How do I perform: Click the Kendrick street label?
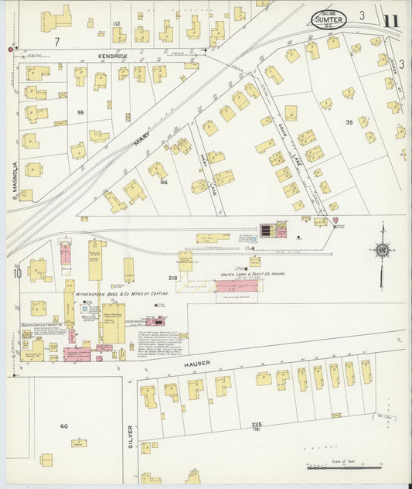pyautogui.click(x=112, y=56)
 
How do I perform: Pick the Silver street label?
pyautogui.click(x=131, y=438)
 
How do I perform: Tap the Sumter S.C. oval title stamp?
pyautogui.click(x=329, y=18)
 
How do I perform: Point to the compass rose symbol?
pyautogui.click(x=382, y=249)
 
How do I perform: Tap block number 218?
pyautogui.click(x=172, y=277)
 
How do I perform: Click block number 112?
pyautogui.click(x=117, y=25)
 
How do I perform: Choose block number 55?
pyautogui.click(x=80, y=113)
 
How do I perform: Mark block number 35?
pyautogui.click(x=349, y=122)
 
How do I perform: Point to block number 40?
pyautogui.click(x=63, y=426)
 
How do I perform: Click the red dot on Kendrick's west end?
pyautogui.click(x=10, y=50)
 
